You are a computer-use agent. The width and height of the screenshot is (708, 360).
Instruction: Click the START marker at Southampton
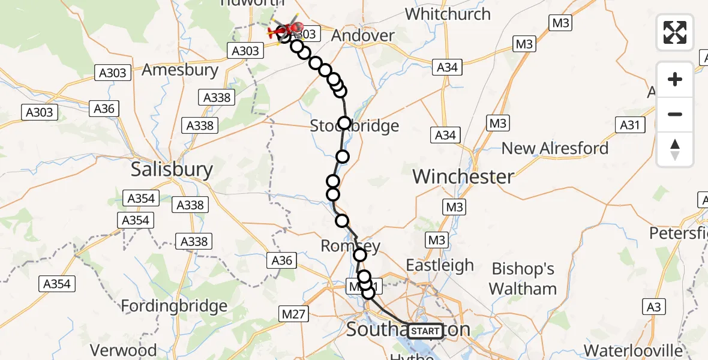[x=425, y=331]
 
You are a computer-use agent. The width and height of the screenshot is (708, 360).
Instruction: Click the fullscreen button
[x=675, y=32]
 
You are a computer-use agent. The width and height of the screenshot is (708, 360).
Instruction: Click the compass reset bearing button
[x=675, y=149]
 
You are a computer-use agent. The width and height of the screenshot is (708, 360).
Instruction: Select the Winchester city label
[x=463, y=177]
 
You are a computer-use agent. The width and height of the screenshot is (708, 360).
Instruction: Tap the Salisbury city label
[x=172, y=170]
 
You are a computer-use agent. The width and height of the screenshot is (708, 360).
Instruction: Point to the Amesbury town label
[x=180, y=70]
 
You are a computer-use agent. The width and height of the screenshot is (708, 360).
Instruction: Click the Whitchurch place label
[x=448, y=14]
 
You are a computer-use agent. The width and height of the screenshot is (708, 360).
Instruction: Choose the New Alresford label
[x=555, y=148]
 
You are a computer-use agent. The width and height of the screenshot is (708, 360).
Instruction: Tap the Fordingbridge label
[x=174, y=307]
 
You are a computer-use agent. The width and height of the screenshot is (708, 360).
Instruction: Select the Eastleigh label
[x=440, y=265]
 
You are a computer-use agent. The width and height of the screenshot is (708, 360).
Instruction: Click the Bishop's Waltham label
[x=523, y=279]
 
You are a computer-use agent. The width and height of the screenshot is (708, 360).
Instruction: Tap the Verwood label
[x=123, y=350]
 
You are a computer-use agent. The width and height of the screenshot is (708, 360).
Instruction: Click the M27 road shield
[x=293, y=313]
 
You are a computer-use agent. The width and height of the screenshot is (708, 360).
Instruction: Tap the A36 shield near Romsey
[x=282, y=260]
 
